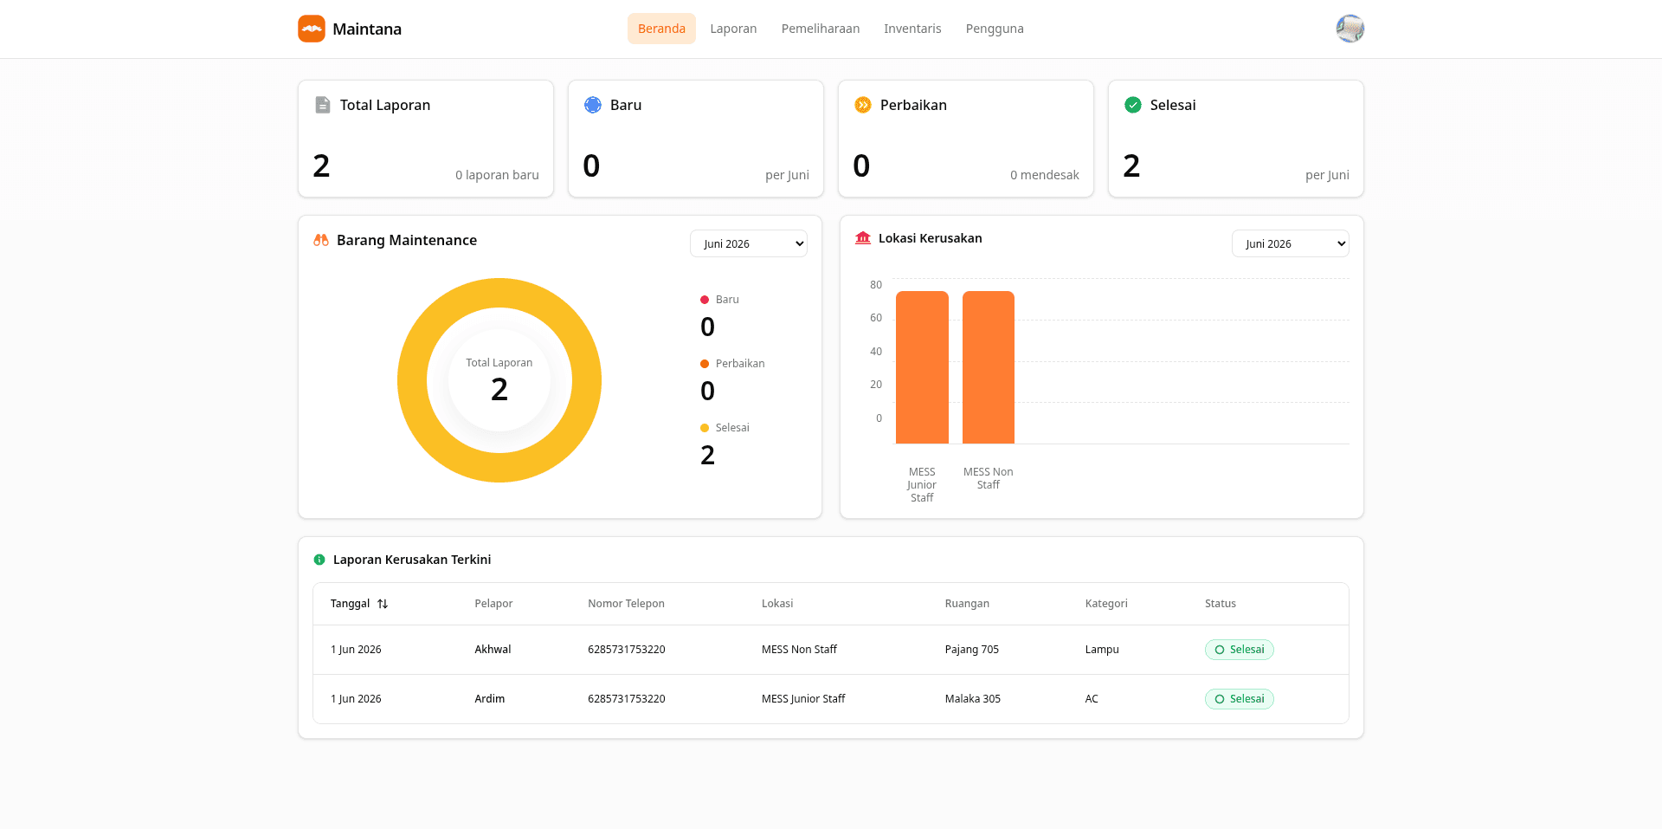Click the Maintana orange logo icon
(312, 29)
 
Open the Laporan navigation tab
(733, 29)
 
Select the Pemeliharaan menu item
(821, 29)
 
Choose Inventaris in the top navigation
(912, 29)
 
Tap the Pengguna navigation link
(995, 29)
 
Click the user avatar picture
(1350, 29)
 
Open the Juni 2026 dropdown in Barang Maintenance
(749, 243)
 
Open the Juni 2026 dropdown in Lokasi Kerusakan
(1290, 243)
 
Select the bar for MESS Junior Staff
(922, 367)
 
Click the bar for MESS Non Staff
(989, 367)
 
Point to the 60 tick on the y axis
(876, 318)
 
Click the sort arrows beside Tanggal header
(383, 604)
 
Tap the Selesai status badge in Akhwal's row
(1239, 650)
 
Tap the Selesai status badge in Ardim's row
(1239, 699)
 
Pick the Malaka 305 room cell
(973, 699)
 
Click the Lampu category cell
(1102, 650)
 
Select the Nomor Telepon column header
(626, 604)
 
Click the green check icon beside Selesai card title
(1133, 105)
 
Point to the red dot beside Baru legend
(705, 300)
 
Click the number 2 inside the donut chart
(499, 390)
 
